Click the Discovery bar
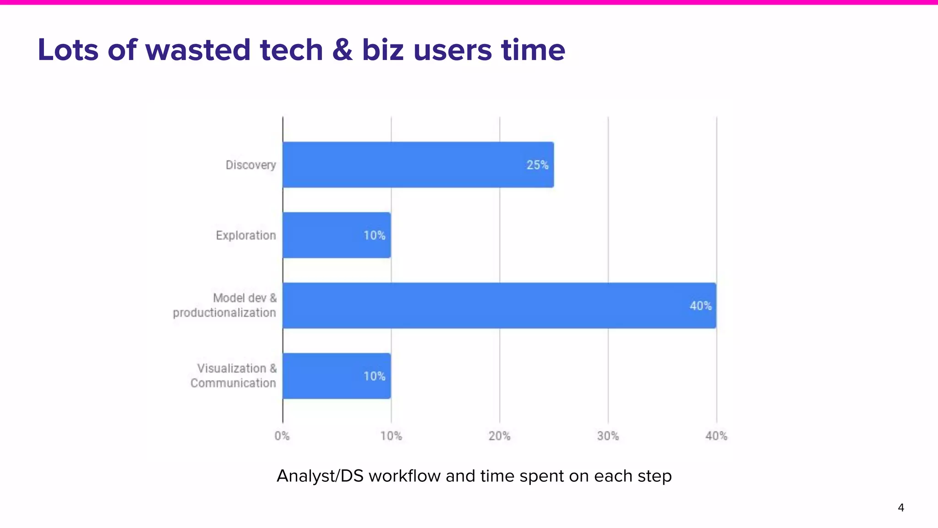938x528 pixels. pos(418,165)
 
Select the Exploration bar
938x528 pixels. pos(337,235)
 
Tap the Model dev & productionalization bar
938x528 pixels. pos(499,305)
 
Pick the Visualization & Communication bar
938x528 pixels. pos(337,376)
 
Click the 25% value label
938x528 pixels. pos(537,165)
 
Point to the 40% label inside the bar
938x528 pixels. pos(700,306)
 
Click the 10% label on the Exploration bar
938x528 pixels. pos(374,236)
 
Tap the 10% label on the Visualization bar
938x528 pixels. pos(374,376)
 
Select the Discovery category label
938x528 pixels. pos(251,165)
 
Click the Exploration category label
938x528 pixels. pos(246,236)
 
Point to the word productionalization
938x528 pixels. pos(224,313)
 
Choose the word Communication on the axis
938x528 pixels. pos(233,383)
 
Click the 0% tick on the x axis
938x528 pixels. pos(282,436)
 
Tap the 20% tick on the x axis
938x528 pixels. pos(499,436)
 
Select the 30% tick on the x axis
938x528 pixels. pos(608,436)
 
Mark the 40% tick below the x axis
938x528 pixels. pos(716,436)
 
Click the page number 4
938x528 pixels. pos(901,507)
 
